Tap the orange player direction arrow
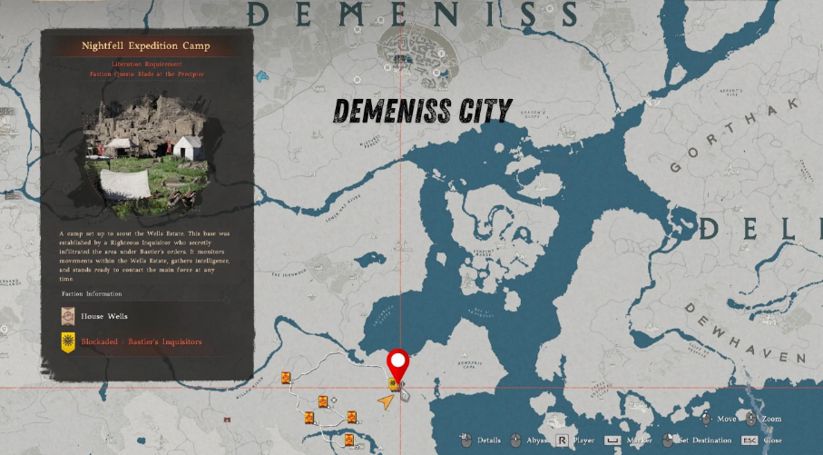coord(387,399)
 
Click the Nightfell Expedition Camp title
coord(145,45)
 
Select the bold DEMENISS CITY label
coord(423,111)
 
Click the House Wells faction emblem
coord(68,316)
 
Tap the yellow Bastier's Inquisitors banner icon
coord(68,342)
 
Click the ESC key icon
coord(750,440)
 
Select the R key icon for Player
coord(563,440)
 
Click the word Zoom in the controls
coord(771,419)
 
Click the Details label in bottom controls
coord(489,440)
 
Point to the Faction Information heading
coord(92,294)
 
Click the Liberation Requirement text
coord(147,64)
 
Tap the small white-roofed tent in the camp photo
coord(187,146)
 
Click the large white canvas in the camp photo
coord(127,184)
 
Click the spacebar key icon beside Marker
coord(613,440)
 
